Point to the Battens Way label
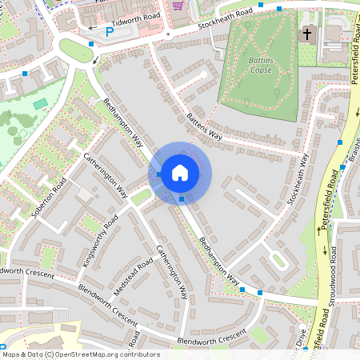point(205,126)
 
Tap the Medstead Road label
point(133,276)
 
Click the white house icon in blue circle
point(180,173)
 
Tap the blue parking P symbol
point(110,33)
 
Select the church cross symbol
point(308,34)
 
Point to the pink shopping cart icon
point(177,5)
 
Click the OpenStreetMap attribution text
point(80,354)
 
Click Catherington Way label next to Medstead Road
point(172,271)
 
